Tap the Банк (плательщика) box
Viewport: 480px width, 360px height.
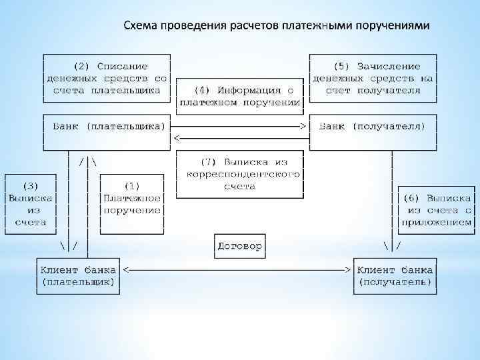click(107, 125)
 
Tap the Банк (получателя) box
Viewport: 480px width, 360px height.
click(372, 125)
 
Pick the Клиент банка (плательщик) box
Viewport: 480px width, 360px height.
click(78, 276)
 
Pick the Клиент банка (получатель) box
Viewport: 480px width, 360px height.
click(395, 276)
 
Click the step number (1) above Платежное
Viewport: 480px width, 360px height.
click(131, 186)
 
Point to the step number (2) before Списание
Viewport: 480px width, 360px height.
click(82, 66)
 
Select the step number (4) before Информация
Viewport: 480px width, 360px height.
click(202, 90)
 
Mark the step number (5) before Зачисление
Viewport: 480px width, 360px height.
click(341, 66)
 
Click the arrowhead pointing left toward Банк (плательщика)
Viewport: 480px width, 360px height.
click(177, 137)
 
